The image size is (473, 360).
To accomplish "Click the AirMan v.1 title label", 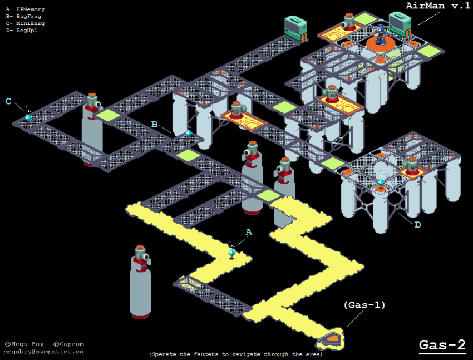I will point(438,6).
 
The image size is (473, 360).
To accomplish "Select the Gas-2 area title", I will point(442,345).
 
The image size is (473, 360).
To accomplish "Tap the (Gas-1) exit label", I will point(364,305).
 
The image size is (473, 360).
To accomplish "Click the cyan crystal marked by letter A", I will point(232,253).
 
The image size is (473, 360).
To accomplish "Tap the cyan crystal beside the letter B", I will point(189,133).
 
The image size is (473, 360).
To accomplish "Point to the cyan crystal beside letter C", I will point(28,117).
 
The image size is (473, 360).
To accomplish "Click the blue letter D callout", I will point(417,225).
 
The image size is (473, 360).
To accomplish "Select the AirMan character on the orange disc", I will point(381,34).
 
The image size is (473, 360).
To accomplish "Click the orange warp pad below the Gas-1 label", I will point(332,337).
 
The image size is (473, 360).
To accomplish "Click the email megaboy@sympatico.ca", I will point(43,352).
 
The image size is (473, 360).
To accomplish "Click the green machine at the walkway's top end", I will point(295,28).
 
